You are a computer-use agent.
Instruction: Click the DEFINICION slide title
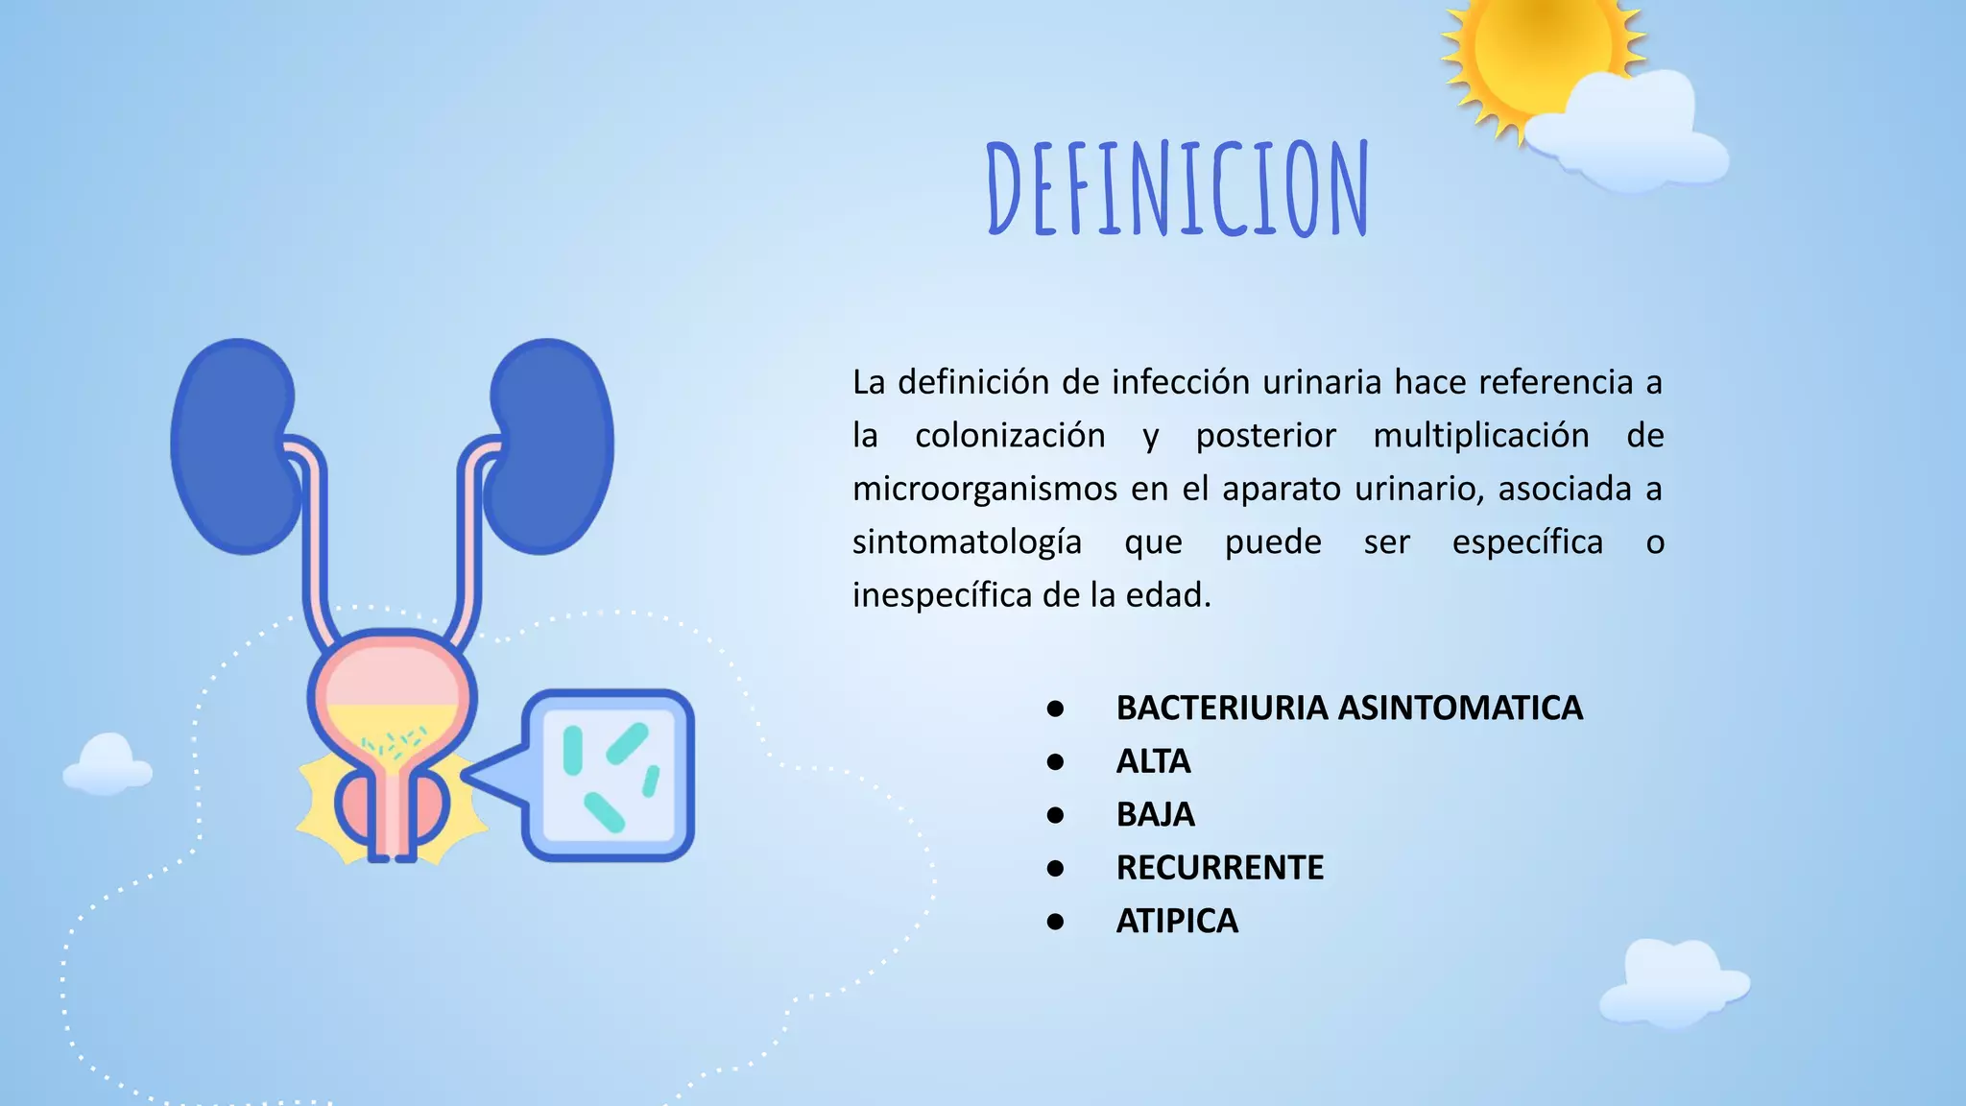coord(1178,189)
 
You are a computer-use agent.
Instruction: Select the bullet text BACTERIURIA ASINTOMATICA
coord(1349,709)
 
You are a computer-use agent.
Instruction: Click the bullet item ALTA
coord(1153,761)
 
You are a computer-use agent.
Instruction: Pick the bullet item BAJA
coord(1155,815)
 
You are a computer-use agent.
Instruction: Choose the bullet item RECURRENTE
coord(1219,868)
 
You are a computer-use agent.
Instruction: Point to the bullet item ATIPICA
coord(1177,922)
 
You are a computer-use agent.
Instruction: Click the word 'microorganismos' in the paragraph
coord(984,490)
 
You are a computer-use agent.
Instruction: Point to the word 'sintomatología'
coord(967,542)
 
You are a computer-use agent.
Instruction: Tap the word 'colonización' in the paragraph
coord(1010,436)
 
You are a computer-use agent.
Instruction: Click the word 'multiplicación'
coord(1480,436)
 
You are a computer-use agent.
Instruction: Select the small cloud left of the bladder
coord(108,765)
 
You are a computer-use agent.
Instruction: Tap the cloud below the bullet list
coord(1674,981)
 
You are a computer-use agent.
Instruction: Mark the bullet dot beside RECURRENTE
coord(1056,869)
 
